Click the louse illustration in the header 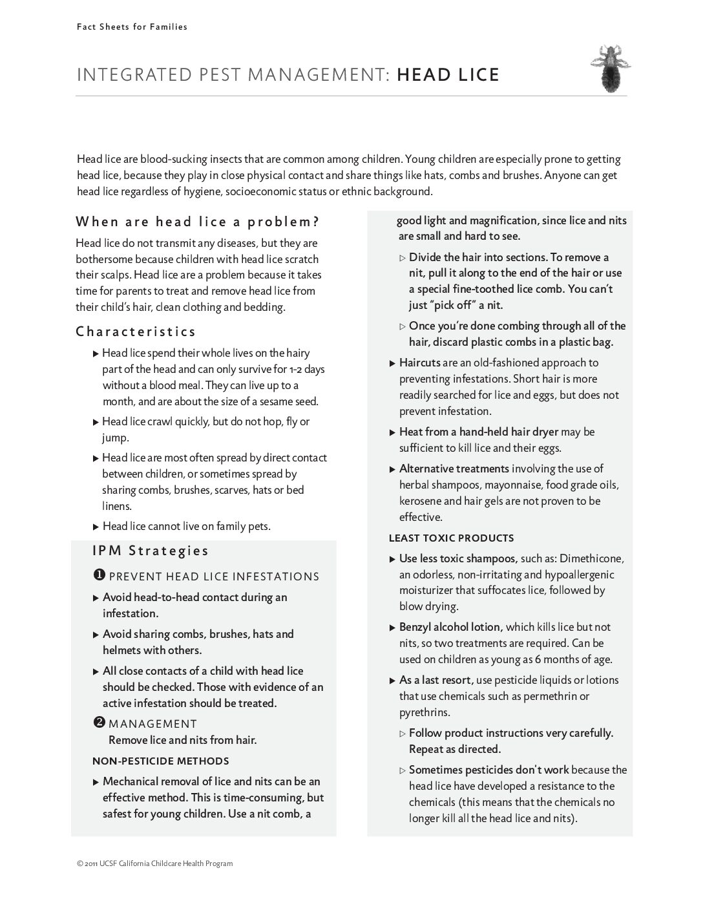[610, 69]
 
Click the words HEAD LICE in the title [448, 75]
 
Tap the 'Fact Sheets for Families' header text [132, 26]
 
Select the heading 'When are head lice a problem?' [198, 222]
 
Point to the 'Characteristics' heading [136, 332]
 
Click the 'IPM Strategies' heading [151, 551]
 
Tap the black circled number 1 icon [100, 575]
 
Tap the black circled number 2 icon [100, 723]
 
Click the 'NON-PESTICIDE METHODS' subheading [160, 761]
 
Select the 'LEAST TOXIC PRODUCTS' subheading [451, 538]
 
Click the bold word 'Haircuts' [419, 363]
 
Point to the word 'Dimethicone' [591, 558]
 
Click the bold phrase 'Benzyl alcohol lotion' [450, 627]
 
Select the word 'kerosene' [421, 501]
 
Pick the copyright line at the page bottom [154, 863]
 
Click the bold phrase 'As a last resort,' [436, 680]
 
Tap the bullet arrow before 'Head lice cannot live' [96, 526]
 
